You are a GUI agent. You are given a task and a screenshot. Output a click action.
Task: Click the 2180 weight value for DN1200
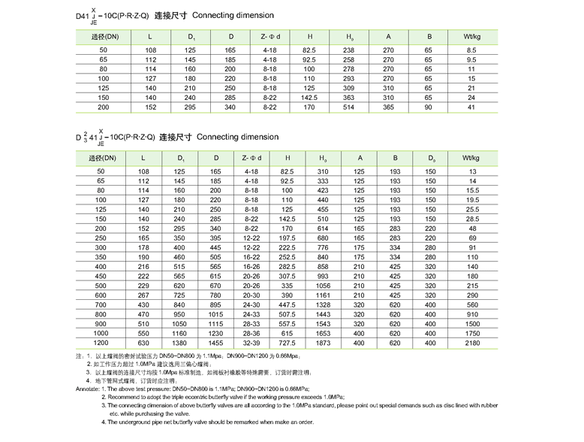pos(473,343)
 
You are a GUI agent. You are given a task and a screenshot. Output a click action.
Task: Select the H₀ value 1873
pos(323,343)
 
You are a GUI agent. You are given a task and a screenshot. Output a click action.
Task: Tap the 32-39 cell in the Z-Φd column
pos(251,343)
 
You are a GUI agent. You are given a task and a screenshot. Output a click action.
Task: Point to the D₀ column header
pos(430,158)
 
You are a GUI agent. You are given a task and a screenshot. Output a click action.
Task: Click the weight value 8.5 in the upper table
pos(472,49)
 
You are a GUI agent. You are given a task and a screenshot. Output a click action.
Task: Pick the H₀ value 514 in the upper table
pos(348,107)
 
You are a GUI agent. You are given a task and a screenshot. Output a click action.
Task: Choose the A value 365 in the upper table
pos(388,107)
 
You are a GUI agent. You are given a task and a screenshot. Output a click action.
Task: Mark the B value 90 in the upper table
pos(428,107)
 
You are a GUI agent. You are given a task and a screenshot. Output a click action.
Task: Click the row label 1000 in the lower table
pos(101,333)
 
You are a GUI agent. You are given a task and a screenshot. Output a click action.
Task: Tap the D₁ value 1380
pos(180,343)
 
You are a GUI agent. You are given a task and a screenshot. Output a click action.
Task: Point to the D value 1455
pos(216,343)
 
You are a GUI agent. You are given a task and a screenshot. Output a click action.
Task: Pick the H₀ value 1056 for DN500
pos(323,286)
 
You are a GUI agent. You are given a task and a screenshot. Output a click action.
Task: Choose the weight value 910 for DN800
pos(473,314)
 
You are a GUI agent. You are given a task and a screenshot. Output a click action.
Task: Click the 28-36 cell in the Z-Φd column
pos(251,333)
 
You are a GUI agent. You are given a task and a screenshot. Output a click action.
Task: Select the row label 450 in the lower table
pos(101,276)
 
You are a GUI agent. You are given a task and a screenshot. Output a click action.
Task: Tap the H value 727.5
pos(287,343)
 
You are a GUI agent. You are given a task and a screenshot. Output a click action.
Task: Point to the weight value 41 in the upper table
pos(472,107)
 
